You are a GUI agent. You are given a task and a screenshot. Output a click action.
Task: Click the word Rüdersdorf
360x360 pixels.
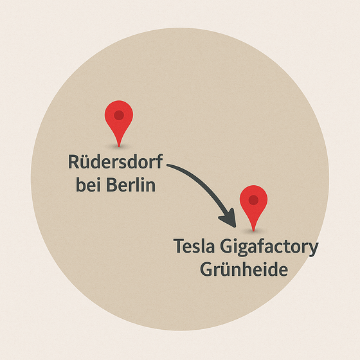click(116, 161)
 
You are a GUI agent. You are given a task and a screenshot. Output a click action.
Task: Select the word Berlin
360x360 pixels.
click(131, 184)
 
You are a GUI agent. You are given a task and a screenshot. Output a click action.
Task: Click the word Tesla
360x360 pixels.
click(194, 246)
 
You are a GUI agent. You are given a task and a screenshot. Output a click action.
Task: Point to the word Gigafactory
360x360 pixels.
click(269, 248)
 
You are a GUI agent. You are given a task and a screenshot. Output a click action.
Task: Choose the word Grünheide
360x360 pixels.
click(244, 269)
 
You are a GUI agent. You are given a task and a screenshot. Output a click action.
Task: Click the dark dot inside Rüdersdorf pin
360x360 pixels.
click(119, 115)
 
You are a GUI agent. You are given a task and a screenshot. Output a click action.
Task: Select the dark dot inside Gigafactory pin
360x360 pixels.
click(253, 200)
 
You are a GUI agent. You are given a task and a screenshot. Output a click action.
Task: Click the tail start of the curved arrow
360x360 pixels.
click(168, 165)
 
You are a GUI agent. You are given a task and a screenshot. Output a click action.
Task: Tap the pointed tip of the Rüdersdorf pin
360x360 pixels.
click(119, 147)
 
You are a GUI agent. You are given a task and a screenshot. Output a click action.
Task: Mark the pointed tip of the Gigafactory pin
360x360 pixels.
click(253, 231)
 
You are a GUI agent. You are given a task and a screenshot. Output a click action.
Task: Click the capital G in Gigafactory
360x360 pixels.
click(226, 246)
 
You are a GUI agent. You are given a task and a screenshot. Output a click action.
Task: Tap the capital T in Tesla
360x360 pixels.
click(179, 246)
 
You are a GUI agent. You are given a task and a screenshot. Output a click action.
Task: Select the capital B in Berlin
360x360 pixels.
click(112, 184)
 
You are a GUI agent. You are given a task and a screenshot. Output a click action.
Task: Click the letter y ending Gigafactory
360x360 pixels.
click(313, 249)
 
